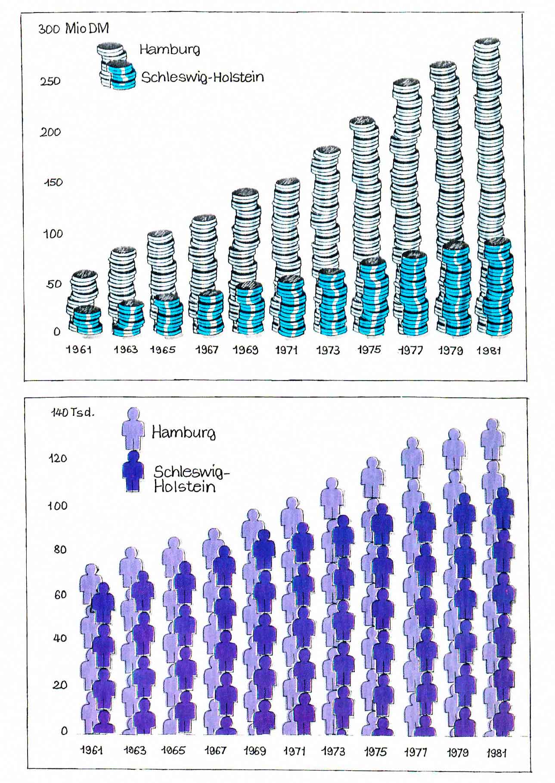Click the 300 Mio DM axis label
pyautogui.click(x=74, y=29)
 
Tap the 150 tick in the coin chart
pyautogui.click(x=53, y=183)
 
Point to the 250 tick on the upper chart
pyautogui.click(x=50, y=81)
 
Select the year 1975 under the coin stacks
pyautogui.click(x=369, y=350)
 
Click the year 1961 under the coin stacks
pyautogui.click(x=78, y=350)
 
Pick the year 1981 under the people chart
pyautogui.click(x=496, y=753)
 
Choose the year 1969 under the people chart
pyautogui.click(x=254, y=751)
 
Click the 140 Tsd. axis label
pyautogui.click(x=72, y=412)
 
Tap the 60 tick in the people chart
pyautogui.click(x=60, y=594)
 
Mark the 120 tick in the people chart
pyautogui.click(x=58, y=458)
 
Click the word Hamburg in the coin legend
pyautogui.click(x=170, y=50)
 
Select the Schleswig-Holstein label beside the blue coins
pyautogui.click(x=202, y=77)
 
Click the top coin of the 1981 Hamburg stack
pyautogui.click(x=487, y=43)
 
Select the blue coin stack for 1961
pyautogui.click(x=87, y=321)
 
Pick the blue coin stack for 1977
pyautogui.click(x=414, y=293)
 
